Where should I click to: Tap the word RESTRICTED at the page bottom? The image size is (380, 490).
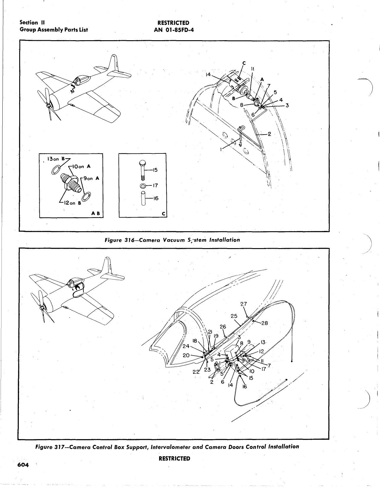click(174, 458)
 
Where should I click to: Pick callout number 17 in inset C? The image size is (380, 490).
click(155, 186)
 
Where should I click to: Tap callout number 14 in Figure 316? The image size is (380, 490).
click(208, 75)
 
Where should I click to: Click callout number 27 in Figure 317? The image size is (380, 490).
click(244, 304)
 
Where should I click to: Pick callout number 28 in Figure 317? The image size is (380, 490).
click(264, 323)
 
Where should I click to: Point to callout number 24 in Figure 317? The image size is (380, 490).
click(186, 346)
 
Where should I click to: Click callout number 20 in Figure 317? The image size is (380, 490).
click(186, 355)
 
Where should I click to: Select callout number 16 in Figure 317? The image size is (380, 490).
click(245, 386)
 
